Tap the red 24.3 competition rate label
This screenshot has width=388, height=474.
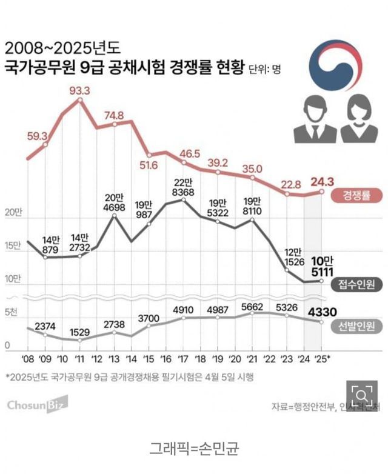point(322,181)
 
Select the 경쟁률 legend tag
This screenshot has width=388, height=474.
point(356,195)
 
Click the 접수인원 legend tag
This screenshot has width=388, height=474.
point(356,284)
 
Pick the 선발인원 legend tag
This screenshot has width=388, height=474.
point(356,326)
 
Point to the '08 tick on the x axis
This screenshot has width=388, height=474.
point(28,358)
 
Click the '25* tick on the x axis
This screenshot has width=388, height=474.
point(323,358)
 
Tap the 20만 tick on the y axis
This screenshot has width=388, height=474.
point(12,213)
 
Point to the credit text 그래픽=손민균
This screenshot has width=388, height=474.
point(194,449)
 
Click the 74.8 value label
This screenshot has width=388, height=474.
point(114,115)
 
